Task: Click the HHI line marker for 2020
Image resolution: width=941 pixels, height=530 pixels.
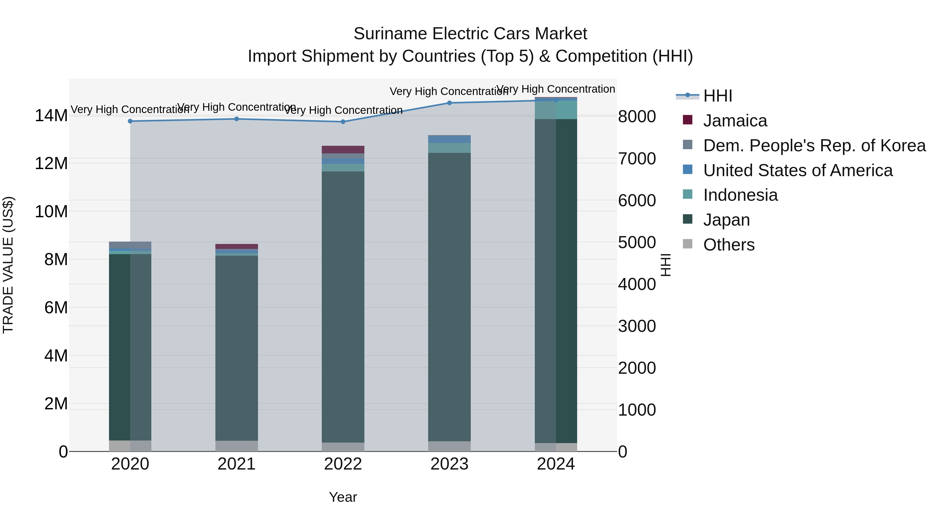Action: pyautogui.click(x=130, y=121)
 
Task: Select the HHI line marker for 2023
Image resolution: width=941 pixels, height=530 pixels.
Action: pyautogui.click(x=449, y=103)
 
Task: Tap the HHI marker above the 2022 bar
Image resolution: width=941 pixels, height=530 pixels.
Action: pyautogui.click(x=343, y=122)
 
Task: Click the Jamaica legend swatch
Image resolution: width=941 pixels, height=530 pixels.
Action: pyautogui.click(x=687, y=120)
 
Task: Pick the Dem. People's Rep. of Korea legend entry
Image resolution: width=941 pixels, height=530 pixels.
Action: pyautogui.click(x=814, y=145)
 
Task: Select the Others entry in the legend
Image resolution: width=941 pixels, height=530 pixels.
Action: pyautogui.click(x=728, y=245)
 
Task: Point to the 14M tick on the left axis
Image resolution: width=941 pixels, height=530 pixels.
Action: pyautogui.click(x=51, y=116)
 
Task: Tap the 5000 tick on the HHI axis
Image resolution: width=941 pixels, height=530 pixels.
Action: pyautogui.click(x=637, y=243)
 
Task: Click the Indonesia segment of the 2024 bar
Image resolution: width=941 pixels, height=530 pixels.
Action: pyautogui.click(x=556, y=110)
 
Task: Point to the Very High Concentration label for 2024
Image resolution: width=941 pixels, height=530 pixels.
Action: pyautogui.click(x=556, y=89)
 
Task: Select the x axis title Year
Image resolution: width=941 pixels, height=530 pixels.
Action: pyautogui.click(x=343, y=497)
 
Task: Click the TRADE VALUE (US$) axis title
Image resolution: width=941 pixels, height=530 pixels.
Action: pyautogui.click(x=8, y=265)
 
